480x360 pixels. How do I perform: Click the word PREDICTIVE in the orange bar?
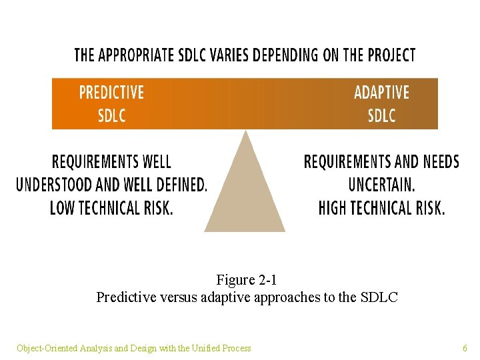[x=111, y=92]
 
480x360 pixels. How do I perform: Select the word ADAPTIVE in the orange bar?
[x=381, y=92]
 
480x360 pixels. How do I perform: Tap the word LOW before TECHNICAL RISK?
[x=63, y=208]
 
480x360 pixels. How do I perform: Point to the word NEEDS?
[x=437, y=162]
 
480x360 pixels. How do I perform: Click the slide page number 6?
[x=465, y=348]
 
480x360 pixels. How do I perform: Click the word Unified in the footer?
[x=207, y=348]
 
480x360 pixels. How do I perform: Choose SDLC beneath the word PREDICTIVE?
[x=111, y=115]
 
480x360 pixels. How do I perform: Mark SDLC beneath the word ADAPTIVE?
[x=381, y=115]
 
